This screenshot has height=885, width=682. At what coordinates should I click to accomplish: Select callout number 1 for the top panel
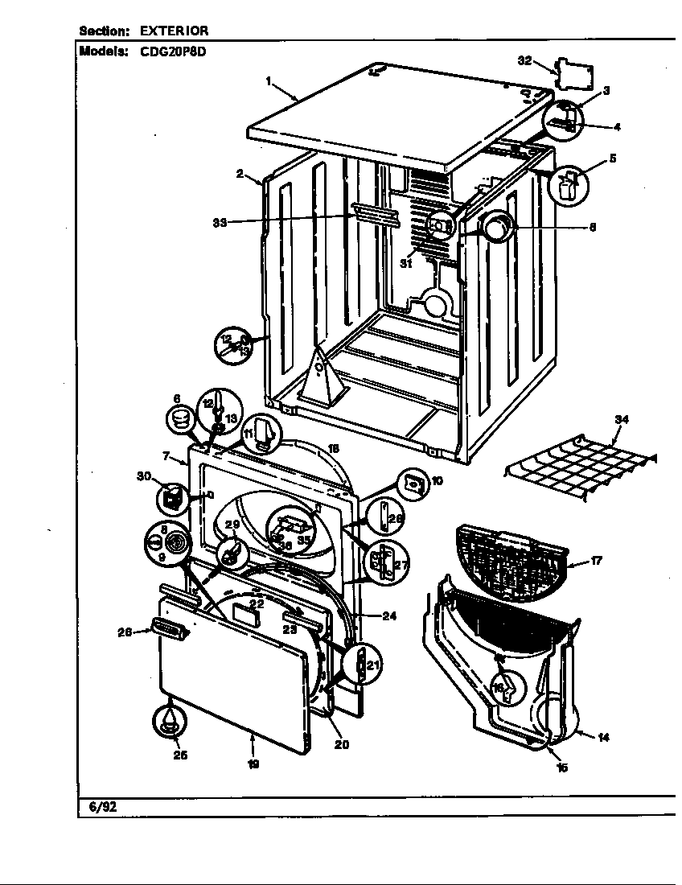tap(269, 80)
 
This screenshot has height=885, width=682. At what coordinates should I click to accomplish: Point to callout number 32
tap(524, 60)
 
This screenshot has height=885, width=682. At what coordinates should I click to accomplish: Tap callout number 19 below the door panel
tap(253, 764)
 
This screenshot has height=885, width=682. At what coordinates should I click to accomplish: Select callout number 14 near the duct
tap(604, 739)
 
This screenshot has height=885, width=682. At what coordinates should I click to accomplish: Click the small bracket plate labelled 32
tap(573, 74)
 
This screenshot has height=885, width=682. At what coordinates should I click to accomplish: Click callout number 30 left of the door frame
tap(146, 476)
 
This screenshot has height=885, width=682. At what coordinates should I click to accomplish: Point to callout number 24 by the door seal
tap(389, 617)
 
